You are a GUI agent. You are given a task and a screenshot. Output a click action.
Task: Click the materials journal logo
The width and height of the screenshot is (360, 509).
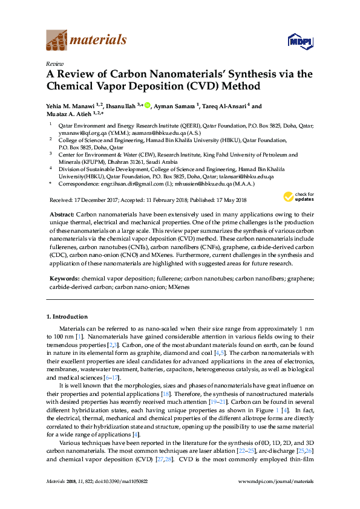(87, 41)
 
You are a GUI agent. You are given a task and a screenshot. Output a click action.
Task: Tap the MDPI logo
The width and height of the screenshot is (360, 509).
(299, 41)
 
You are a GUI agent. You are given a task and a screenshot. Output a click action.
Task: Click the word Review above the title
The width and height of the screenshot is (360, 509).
(56, 63)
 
